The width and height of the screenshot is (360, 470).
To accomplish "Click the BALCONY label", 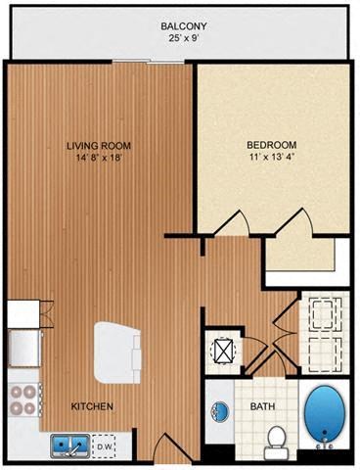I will coord(180,29).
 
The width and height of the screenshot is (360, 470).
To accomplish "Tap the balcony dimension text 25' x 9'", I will coord(180,42).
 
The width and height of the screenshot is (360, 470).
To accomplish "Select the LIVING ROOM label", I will coord(98,147).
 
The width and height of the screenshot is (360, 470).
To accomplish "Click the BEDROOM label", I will coord(271,147).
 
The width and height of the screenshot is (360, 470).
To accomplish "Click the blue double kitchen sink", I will coord(67,446).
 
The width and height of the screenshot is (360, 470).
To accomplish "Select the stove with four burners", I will coord(22,402).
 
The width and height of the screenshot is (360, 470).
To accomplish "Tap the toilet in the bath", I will coord(276,440).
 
